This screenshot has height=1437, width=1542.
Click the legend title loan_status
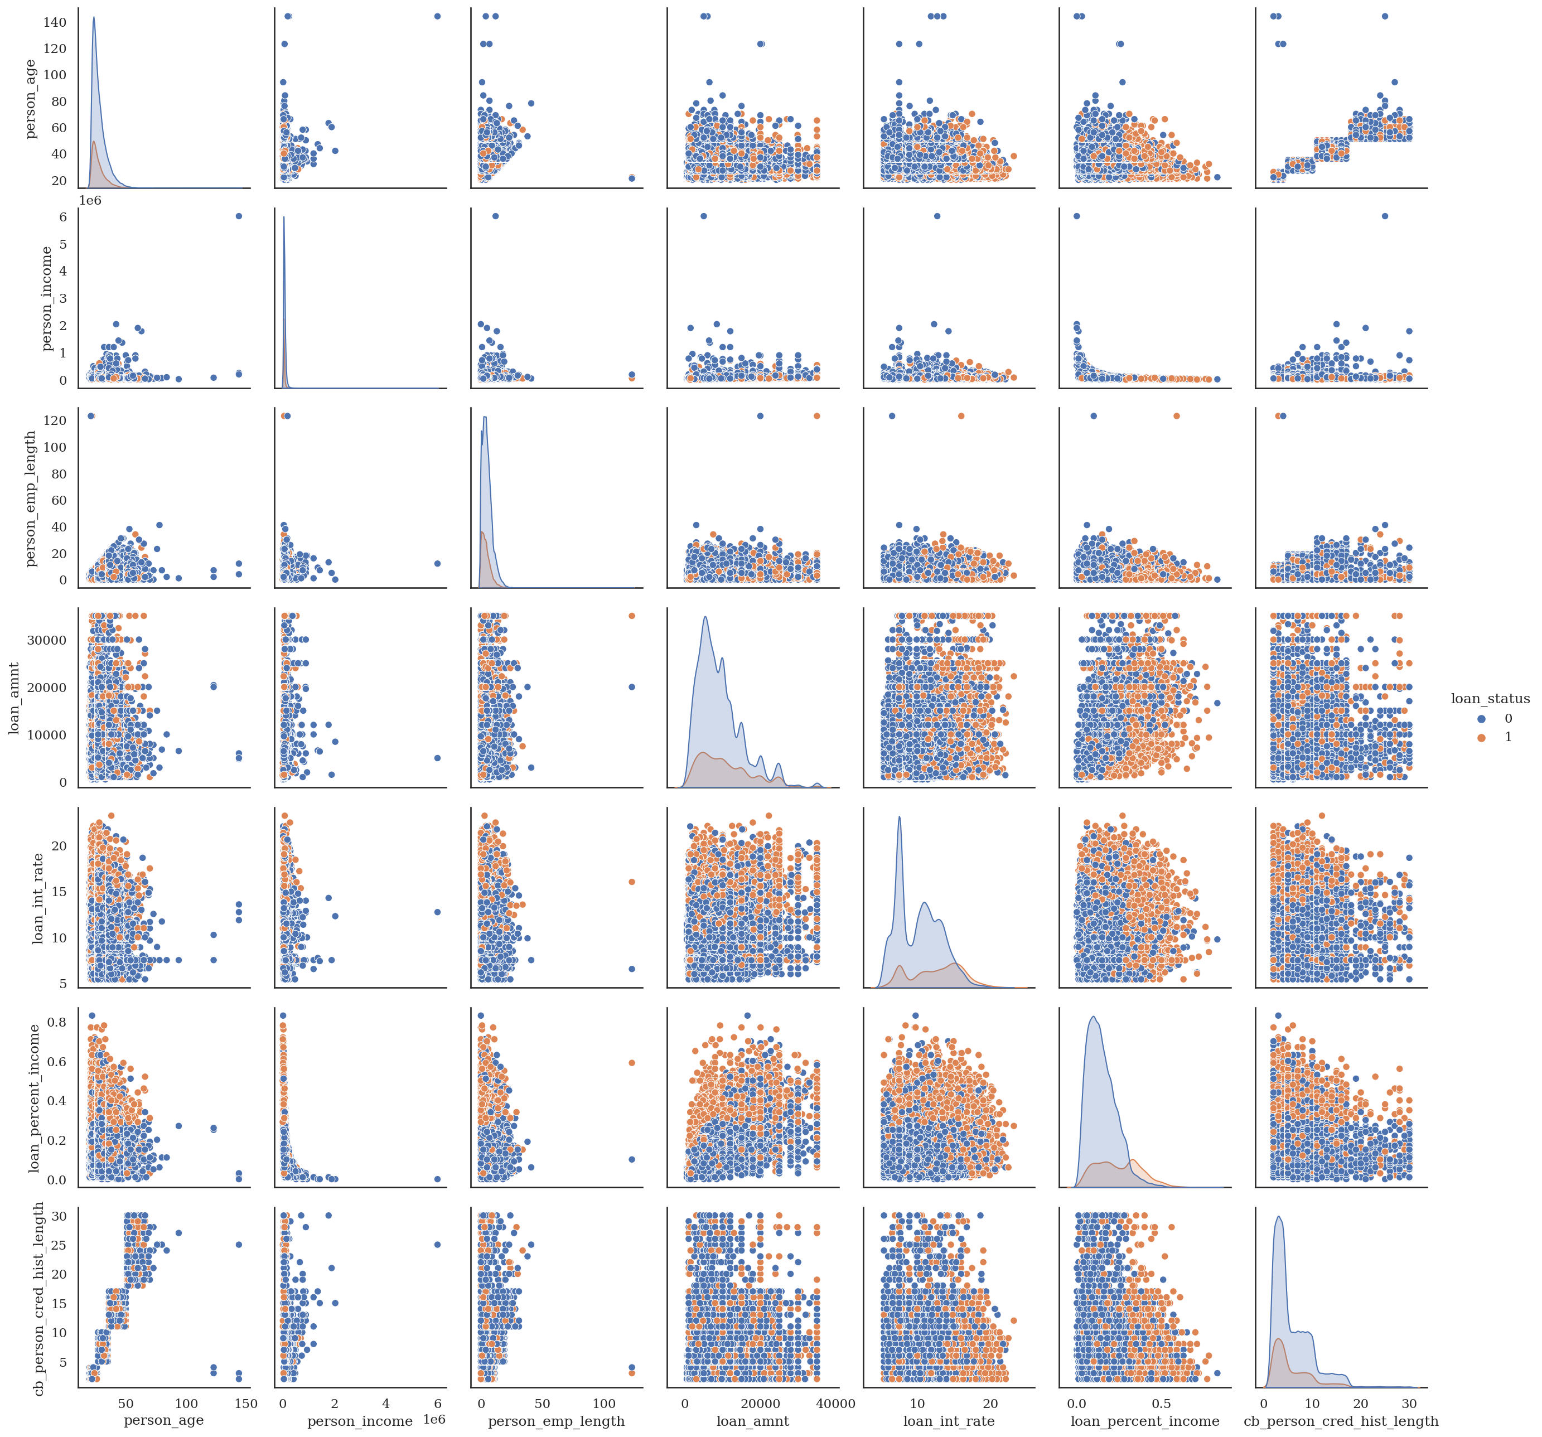tap(1490, 699)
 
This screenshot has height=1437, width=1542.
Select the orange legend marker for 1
tap(1482, 737)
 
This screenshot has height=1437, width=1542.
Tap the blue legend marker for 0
tap(1482, 719)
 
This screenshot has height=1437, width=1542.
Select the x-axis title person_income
tap(360, 1421)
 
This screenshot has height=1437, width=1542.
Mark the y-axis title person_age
tap(32, 99)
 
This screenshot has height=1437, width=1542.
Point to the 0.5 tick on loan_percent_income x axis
tap(1161, 1403)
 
